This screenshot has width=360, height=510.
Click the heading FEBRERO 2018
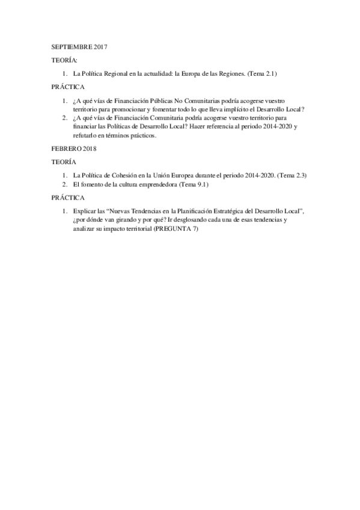pos(74,148)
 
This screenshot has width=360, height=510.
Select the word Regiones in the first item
pos(224,73)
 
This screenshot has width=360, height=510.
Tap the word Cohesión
pos(129,175)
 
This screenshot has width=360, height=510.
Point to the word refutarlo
pos(84,135)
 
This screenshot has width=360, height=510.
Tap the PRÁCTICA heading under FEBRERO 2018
pos(68,197)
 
